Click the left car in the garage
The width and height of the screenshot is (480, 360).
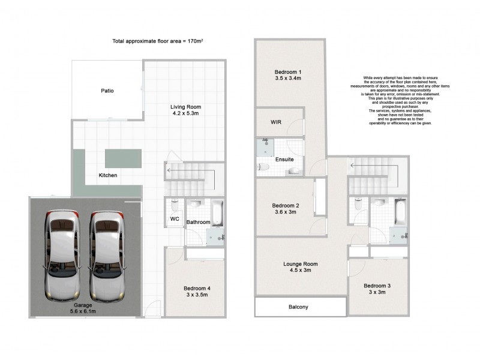(62, 256)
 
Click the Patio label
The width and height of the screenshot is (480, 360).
(107, 91)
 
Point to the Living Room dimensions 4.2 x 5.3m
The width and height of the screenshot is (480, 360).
(184, 113)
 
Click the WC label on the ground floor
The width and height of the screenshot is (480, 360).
(174, 219)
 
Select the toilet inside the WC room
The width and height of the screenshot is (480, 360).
(174, 205)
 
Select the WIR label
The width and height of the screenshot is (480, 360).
(276, 122)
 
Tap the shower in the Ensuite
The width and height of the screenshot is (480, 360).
(265, 145)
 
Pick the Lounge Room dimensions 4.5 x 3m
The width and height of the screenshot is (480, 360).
(301, 271)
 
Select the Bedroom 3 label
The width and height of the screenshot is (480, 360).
(377, 286)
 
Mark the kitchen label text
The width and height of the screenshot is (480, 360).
(108, 175)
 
